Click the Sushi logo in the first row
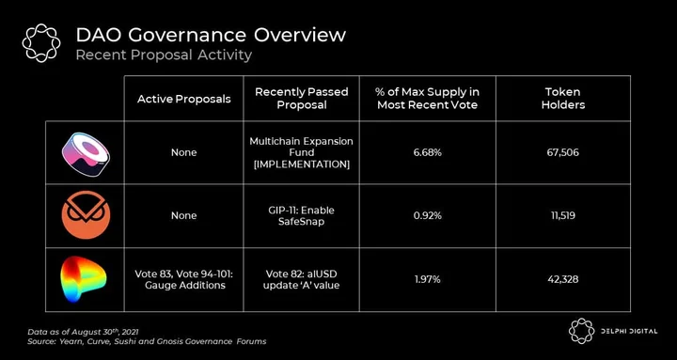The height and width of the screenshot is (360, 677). tap(86, 153)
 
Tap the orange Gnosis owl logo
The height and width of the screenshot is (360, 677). tap(86, 215)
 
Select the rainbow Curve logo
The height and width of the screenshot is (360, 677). tap(84, 278)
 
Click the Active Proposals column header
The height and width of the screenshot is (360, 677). tap(184, 99)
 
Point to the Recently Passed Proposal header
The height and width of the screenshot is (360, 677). tap(302, 99)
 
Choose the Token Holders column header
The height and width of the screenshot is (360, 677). tap(563, 99)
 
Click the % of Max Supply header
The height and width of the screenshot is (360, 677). tap(428, 99)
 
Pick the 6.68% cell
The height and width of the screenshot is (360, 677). tap(428, 152)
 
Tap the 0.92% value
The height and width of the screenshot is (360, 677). tap(428, 215)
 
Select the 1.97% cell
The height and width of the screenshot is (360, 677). tap(428, 279)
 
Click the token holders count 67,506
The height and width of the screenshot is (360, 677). tap(563, 152)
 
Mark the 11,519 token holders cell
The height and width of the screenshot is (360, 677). tap(563, 215)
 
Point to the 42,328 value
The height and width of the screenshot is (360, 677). tap(563, 279)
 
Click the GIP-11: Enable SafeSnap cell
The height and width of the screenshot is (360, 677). tap(302, 216)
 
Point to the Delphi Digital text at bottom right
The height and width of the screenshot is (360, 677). tap(629, 332)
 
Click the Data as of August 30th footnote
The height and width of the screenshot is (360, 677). tap(83, 332)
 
